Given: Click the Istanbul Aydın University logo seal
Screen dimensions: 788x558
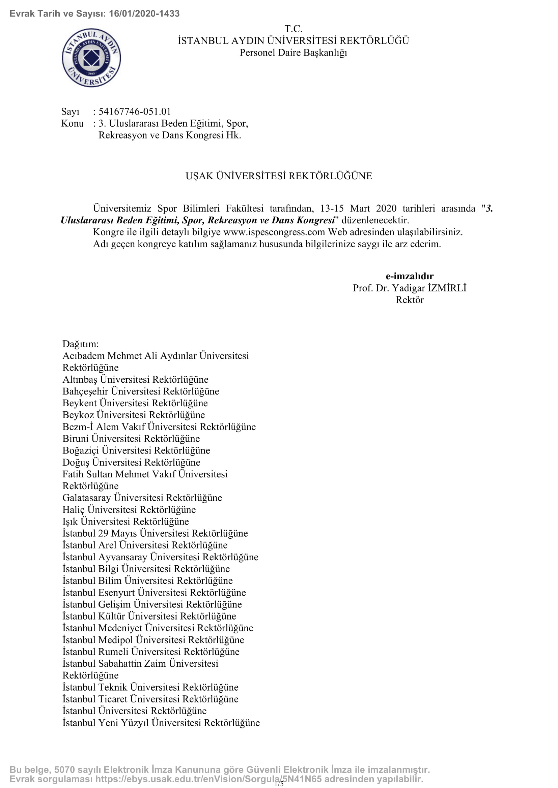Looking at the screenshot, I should (x=91, y=58).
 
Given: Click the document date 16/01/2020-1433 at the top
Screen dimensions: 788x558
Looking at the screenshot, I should (x=144, y=14).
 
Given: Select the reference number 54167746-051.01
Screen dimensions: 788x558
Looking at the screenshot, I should (x=134, y=112).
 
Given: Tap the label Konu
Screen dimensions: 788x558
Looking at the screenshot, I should (x=73, y=123).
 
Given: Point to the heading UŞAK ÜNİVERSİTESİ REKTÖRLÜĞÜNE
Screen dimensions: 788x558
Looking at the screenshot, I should (x=279, y=176).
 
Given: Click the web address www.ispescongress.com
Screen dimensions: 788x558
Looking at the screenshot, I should (x=274, y=232).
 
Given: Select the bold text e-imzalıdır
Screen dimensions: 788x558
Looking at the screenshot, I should (x=409, y=276).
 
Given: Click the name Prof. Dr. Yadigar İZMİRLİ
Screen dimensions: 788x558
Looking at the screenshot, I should (x=409, y=288).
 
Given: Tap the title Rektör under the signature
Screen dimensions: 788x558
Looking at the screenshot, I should (x=409, y=300).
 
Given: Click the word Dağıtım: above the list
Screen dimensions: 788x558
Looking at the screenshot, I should (x=80, y=344).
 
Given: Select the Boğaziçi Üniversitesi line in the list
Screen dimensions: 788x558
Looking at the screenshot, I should (x=136, y=450).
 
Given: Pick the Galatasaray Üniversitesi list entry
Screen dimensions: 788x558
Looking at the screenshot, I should (x=142, y=498).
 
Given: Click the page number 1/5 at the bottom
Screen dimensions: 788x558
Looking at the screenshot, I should (x=279, y=784).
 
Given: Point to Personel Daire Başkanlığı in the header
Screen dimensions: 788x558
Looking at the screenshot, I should (x=293, y=53).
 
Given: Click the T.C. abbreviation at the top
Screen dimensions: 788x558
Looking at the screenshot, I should (x=293, y=29).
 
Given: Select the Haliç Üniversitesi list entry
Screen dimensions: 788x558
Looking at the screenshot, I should (x=129, y=510).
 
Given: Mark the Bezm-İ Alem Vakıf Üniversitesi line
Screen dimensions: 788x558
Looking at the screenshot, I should (x=159, y=427).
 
